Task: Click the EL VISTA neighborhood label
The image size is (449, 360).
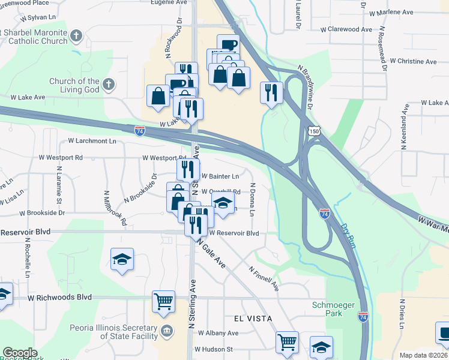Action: point(249,318)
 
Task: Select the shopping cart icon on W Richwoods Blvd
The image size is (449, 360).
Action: point(163,301)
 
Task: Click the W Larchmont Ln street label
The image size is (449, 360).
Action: point(92,141)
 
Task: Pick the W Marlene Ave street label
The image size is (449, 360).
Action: point(391,12)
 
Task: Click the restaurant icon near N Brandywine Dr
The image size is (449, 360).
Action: point(271,92)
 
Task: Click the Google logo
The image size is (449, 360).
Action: point(19,353)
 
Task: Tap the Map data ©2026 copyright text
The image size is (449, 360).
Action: point(423,355)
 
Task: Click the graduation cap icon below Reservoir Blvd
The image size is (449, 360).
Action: point(122,259)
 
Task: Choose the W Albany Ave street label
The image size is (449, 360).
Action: point(218,333)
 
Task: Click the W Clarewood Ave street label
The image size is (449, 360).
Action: point(346,29)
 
